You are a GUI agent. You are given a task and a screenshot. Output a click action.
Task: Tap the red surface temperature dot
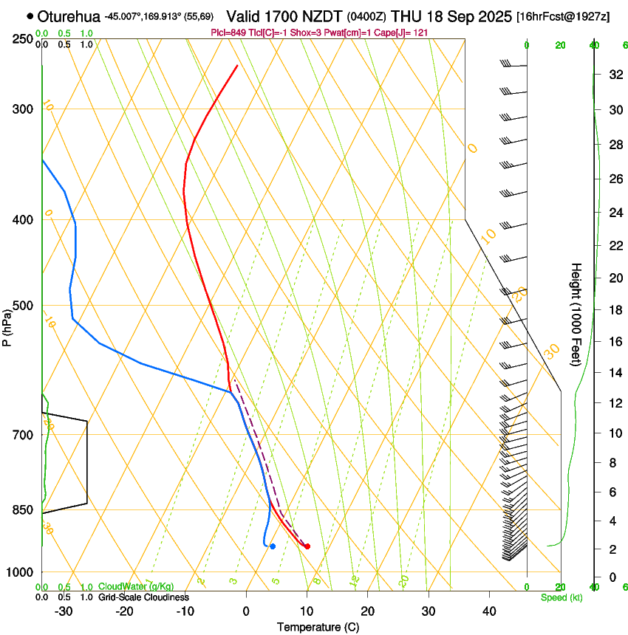[307, 546]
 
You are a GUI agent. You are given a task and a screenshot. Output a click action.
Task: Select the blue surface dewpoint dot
[273, 546]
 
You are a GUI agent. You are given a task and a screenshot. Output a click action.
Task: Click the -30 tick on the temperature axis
[64, 611]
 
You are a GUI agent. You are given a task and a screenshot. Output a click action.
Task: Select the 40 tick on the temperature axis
[488, 611]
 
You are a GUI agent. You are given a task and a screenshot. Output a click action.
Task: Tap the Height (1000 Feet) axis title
[577, 314]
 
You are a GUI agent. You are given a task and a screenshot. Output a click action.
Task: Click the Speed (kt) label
[561, 597]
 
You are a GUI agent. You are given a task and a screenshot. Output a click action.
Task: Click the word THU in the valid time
[406, 16]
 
